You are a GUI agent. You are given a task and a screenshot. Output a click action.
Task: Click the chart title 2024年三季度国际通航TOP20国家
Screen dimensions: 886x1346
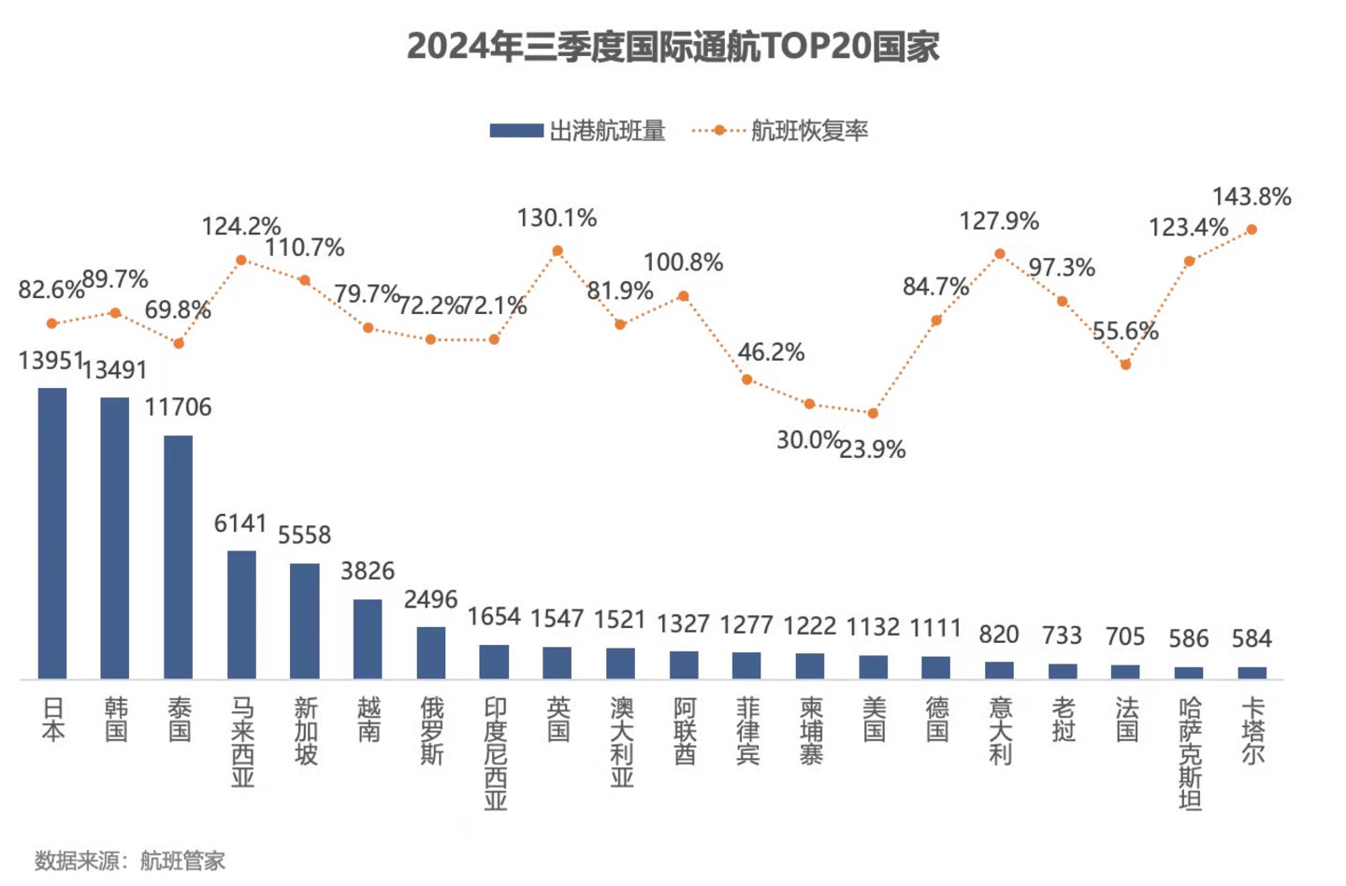click(x=673, y=46)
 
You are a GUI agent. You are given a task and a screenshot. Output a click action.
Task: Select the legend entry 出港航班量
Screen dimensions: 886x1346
click(x=577, y=131)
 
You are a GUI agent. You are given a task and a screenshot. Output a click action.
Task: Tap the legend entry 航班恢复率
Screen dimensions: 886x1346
click(x=780, y=131)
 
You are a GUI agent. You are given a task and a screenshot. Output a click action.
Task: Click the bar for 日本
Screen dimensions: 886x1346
click(x=52, y=533)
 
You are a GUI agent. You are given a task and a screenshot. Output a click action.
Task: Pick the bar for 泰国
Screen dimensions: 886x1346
click(x=179, y=557)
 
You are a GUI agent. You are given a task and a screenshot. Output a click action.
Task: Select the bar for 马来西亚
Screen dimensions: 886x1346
click(x=241, y=614)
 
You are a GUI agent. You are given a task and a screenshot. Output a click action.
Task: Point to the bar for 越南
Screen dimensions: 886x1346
click(x=368, y=638)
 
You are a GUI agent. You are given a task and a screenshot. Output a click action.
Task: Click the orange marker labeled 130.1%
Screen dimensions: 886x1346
click(x=557, y=250)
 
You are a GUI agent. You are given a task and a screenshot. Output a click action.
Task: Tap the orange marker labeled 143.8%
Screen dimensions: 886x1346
click(x=1252, y=229)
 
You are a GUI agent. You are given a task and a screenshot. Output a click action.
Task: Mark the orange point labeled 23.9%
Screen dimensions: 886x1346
click(x=873, y=413)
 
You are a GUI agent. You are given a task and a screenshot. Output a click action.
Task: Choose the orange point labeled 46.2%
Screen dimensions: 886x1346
click(x=746, y=379)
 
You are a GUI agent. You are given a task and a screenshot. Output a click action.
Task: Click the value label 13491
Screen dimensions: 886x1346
click(x=114, y=370)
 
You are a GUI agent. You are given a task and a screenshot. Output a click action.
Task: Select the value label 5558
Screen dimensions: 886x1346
click(x=304, y=535)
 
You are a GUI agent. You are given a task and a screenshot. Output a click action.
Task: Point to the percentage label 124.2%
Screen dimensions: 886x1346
click(x=241, y=226)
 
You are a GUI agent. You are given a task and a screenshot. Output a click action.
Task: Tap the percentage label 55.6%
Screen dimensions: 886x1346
click(x=1125, y=331)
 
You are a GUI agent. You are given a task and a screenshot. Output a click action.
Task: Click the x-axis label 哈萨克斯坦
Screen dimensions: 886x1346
click(x=1189, y=753)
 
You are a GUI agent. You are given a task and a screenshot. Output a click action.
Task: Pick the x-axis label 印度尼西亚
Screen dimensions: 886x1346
click(x=495, y=753)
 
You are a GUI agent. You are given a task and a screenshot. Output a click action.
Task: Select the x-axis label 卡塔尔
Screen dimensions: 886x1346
click(x=1252, y=731)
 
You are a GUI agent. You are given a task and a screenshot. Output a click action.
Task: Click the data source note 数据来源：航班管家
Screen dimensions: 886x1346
click(x=130, y=860)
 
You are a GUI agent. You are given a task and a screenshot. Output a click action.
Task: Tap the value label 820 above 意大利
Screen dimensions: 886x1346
click(x=999, y=635)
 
